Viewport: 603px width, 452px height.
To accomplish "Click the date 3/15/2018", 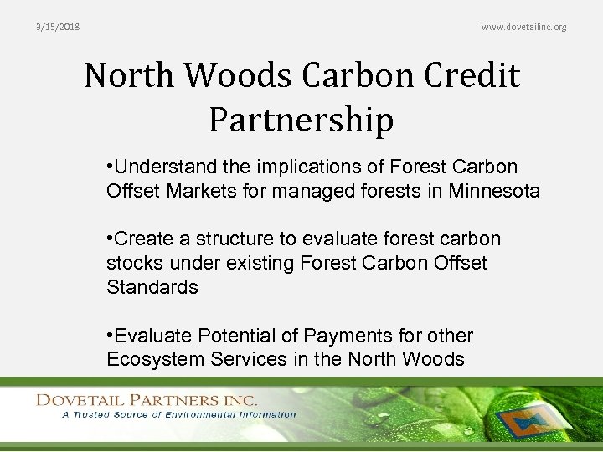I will click(x=58, y=27).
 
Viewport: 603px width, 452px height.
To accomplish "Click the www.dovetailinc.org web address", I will click(x=523, y=27).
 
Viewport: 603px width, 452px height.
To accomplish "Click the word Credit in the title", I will click(x=475, y=76).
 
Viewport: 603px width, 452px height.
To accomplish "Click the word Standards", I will click(x=152, y=287).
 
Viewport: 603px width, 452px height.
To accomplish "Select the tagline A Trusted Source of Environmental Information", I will click(x=178, y=414).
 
